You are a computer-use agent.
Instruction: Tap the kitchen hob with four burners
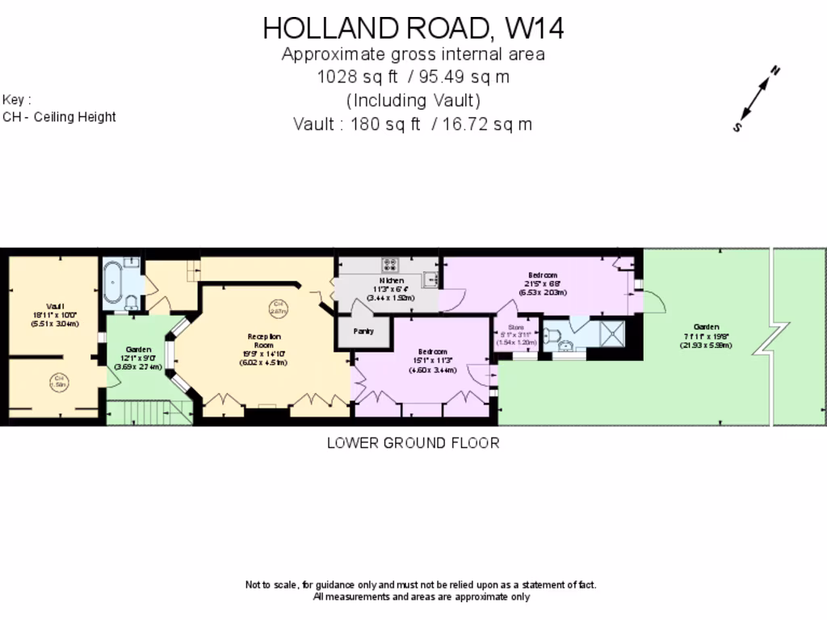392,265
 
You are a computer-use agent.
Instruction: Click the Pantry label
363,331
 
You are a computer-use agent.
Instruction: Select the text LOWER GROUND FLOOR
413,442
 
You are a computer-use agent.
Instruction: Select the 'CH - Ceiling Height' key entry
60,117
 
